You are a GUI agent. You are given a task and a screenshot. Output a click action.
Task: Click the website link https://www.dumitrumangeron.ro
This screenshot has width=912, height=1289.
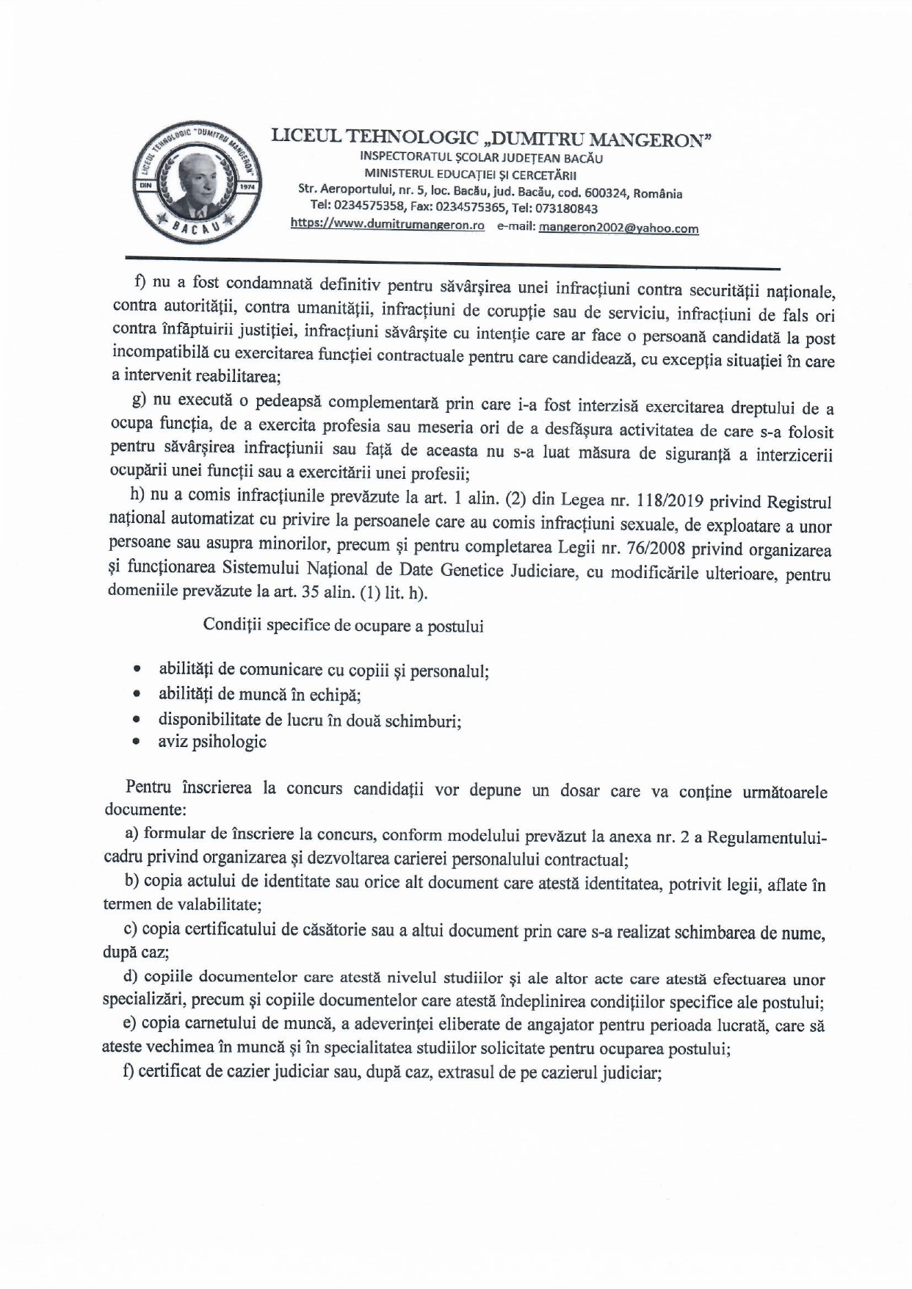(x=387, y=225)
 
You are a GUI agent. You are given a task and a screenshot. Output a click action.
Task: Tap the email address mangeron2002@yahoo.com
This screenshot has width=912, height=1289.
(x=618, y=228)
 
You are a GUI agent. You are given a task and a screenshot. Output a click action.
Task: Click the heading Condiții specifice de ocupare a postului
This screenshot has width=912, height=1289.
(x=343, y=627)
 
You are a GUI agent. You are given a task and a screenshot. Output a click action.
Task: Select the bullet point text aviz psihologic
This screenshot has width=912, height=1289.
(x=212, y=742)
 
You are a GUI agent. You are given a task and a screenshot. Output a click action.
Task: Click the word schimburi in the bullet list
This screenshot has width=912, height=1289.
(x=424, y=721)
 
